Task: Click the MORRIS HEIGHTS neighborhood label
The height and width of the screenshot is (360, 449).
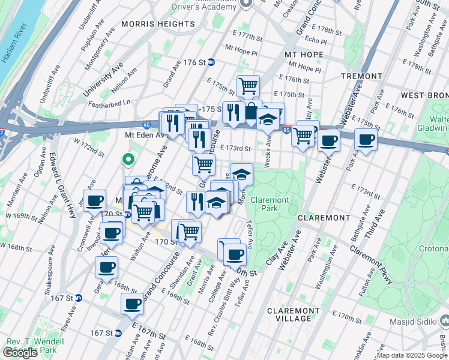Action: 158,24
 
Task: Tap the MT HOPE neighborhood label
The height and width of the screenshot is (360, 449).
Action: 301,55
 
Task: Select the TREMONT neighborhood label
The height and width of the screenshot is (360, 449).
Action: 361,76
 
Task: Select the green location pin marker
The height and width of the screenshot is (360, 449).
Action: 127,160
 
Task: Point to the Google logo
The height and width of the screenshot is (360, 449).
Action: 20,353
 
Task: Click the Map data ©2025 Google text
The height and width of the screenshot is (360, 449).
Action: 411,355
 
